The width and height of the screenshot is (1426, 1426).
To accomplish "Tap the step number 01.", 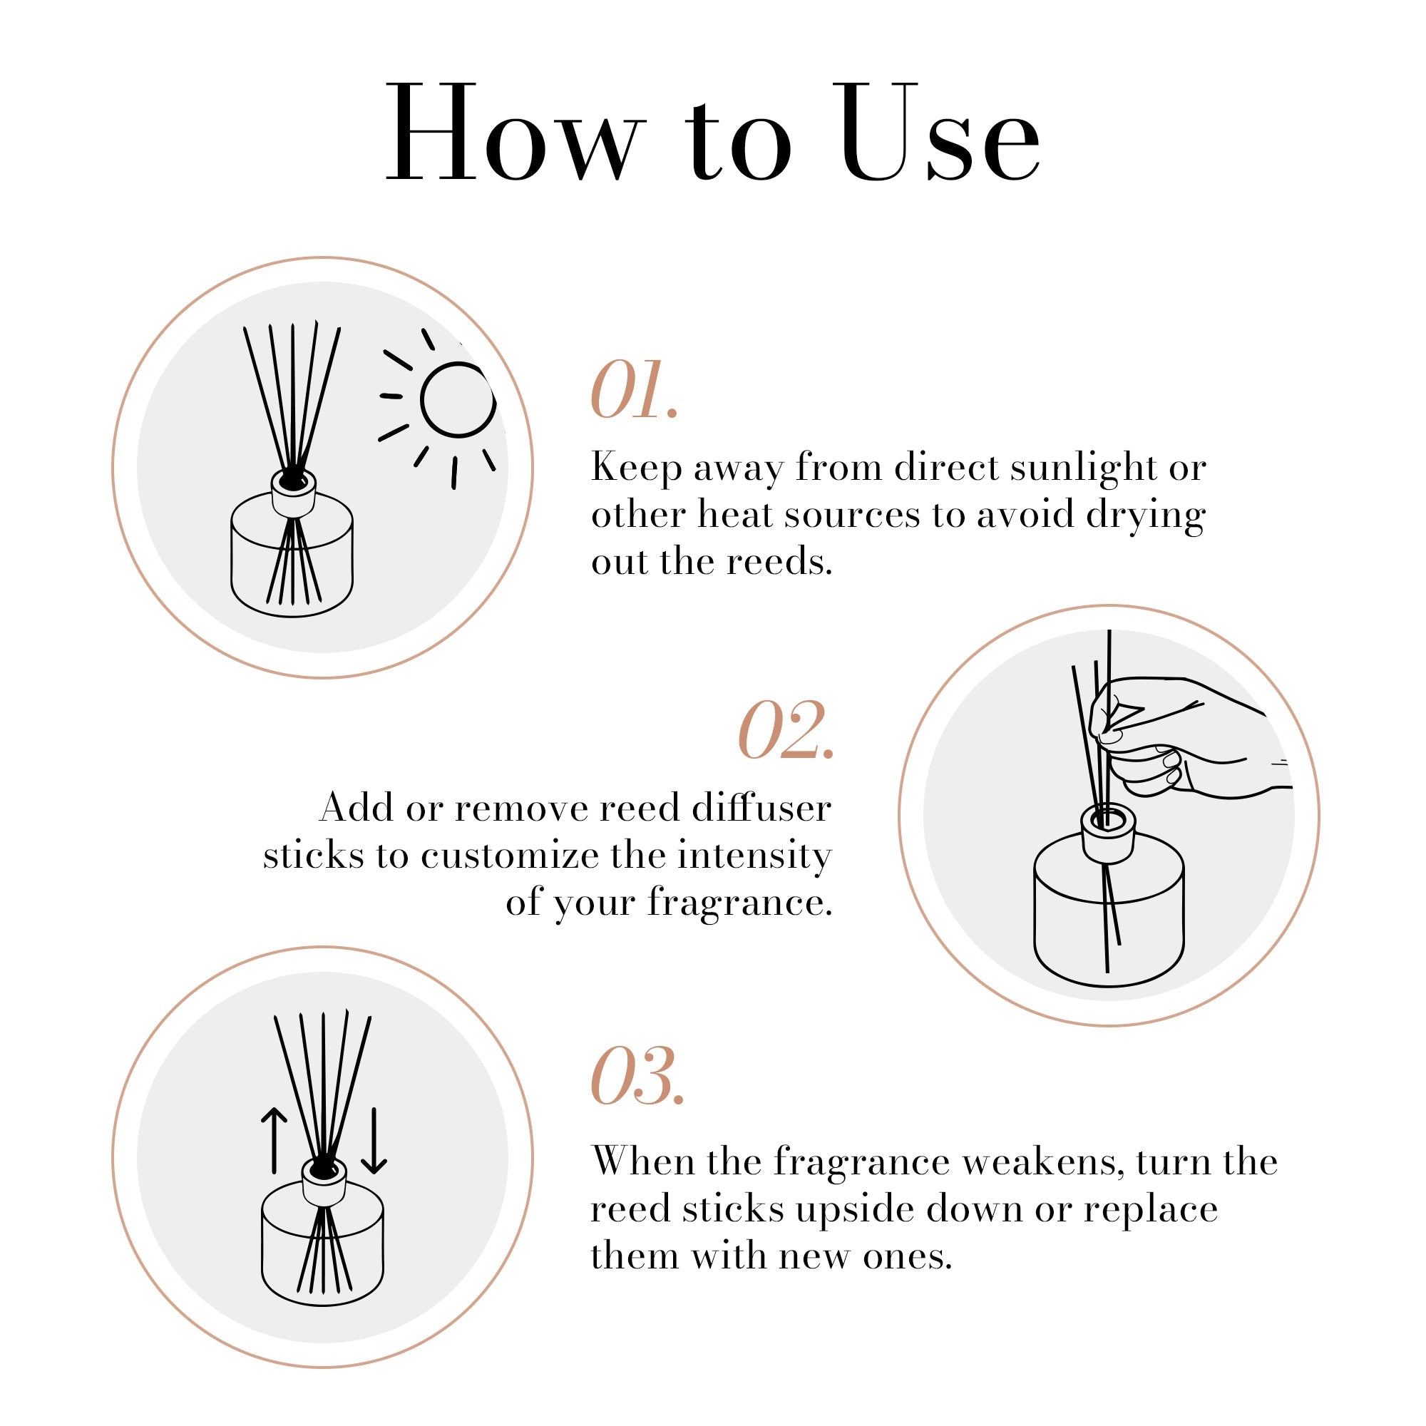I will pos(633,391).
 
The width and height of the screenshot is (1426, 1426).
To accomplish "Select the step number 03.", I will pos(637,1077).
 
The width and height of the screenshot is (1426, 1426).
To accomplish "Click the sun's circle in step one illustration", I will pos(458,400).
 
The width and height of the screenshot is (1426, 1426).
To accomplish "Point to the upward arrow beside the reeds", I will pos(274,1140).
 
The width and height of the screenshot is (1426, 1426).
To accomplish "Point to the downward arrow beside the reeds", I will pos(374,1140).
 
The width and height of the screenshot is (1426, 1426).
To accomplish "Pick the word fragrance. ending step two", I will pos(739,902).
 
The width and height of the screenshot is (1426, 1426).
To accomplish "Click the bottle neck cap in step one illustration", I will pos(294,492).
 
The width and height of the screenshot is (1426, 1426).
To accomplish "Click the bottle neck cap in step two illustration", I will pos(1107,835).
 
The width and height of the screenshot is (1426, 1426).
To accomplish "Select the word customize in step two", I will pos(509,856).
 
